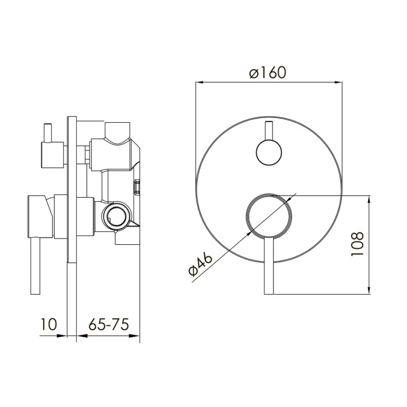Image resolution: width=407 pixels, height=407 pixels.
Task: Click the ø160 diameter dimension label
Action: pos(267,73)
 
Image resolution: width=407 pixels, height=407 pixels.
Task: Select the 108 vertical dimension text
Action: pos(358,244)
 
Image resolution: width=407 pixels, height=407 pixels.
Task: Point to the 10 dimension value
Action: pos(48,324)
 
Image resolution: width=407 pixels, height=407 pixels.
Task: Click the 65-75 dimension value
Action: pos(109,324)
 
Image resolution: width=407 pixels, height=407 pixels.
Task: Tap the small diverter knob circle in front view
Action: pos(269,152)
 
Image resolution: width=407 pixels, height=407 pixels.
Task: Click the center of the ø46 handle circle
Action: pos(269,216)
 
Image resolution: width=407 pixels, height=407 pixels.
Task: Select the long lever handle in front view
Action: pos(269,265)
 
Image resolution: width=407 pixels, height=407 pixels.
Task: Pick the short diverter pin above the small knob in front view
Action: pos(269,131)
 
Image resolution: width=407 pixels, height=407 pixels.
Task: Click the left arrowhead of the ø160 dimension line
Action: pos(199,83)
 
